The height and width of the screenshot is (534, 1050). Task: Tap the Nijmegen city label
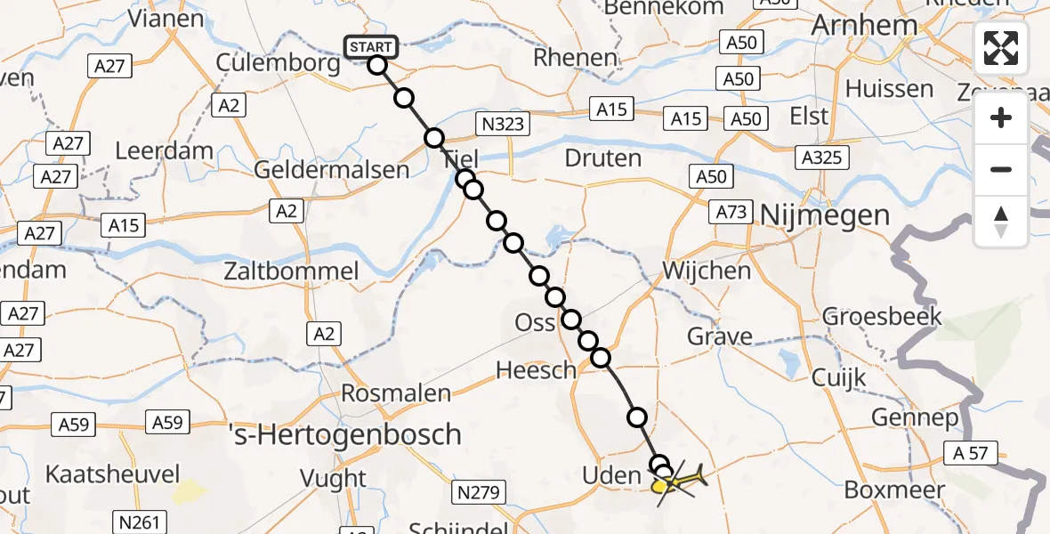(x=825, y=215)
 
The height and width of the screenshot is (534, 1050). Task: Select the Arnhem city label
(x=864, y=25)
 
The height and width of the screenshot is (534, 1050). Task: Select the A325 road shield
(x=823, y=158)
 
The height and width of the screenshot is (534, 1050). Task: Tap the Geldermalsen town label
(x=332, y=170)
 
